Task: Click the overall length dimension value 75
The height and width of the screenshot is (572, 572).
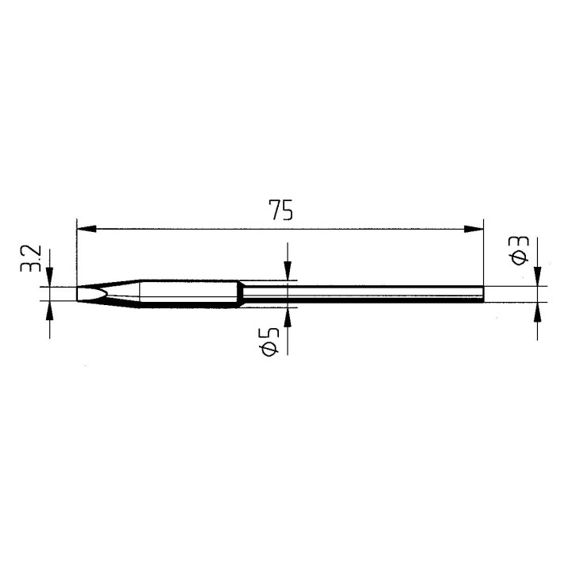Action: (x=280, y=211)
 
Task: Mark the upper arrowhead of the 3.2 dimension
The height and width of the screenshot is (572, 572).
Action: (x=49, y=279)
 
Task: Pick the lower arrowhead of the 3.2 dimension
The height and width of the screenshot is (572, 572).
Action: (x=49, y=309)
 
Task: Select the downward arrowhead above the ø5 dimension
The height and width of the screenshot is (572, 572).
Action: (x=288, y=273)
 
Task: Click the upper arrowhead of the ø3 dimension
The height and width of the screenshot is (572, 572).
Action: (x=538, y=278)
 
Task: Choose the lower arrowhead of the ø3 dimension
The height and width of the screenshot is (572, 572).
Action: (x=538, y=311)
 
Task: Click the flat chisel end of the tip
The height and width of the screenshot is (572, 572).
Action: (x=78, y=293)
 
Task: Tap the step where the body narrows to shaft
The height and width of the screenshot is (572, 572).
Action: (x=241, y=294)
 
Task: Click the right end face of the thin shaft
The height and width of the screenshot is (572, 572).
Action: (x=483, y=295)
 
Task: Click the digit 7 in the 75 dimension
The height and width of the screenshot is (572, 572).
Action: (x=274, y=211)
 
